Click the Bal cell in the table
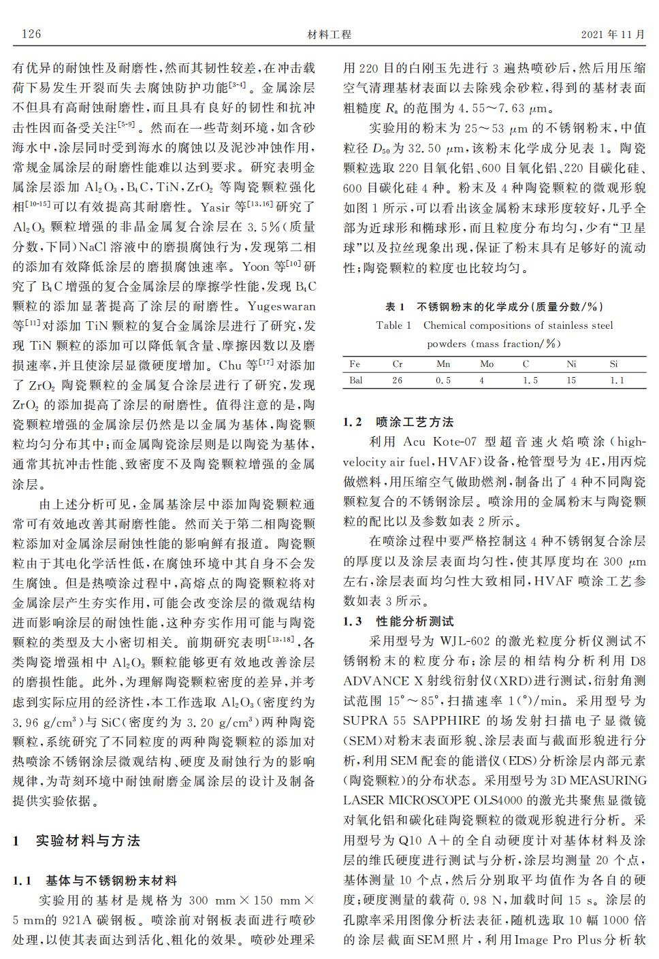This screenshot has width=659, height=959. (356, 380)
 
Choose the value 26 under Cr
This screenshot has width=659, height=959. (398, 380)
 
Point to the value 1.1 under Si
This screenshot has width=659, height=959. (616, 380)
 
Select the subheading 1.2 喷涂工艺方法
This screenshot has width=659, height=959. (398, 422)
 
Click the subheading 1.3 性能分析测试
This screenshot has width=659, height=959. (398, 621)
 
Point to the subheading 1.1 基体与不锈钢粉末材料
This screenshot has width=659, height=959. (95, 881)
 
